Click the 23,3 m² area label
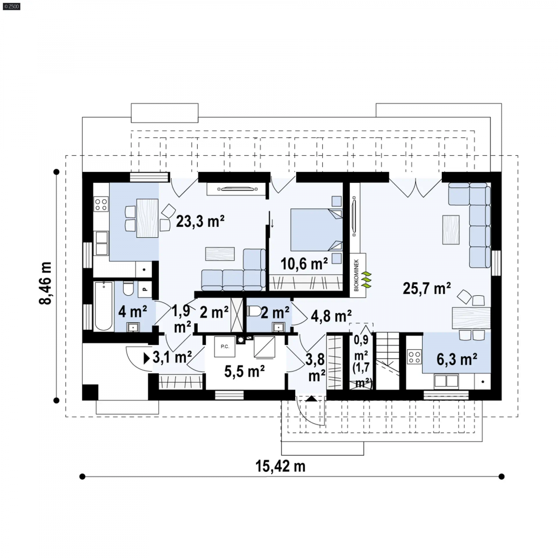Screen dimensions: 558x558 (x=200, y=221)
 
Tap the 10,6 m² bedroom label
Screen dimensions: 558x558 (x=304, y=264)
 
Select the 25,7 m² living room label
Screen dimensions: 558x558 (x=426, y=288)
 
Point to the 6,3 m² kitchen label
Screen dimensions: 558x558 (x=457, y=359)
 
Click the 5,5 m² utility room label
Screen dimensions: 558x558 (x=245, y=372)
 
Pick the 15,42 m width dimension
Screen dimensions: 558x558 (x=280, y=466)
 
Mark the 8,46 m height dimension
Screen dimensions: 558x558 (x=45, y=283)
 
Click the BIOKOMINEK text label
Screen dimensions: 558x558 (x=356, y=275)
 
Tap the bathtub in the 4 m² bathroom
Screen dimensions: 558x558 (x=104, y=306)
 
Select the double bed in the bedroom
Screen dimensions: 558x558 (x=317, y=230)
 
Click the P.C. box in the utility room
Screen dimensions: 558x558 (x=225, y=346)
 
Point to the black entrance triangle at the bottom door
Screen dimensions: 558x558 (x=312, y=399)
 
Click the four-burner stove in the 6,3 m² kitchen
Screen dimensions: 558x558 (x=414, y=357)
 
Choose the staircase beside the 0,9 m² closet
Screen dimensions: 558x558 (x=387, y=361)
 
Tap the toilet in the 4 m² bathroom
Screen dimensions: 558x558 (x=128, y=288)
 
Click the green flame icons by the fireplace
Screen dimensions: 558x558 (x=367, y=280)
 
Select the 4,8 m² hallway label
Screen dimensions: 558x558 (x=331, y=316)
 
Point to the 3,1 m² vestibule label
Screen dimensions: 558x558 (x=172, y=357)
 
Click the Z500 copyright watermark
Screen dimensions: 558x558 (x=12, y=7)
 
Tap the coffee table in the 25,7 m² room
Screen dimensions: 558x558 (x=451, y=230)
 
